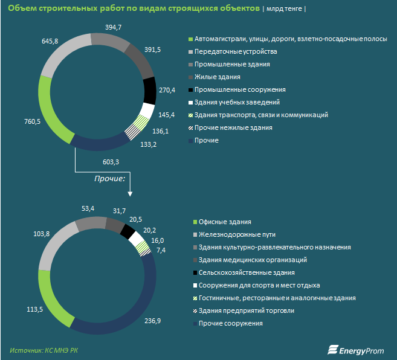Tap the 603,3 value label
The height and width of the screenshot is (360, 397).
(x=111, y=161)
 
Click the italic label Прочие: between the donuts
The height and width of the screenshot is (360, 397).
(x=109, y=179)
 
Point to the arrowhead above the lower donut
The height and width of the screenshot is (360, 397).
(x=130, y=193)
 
